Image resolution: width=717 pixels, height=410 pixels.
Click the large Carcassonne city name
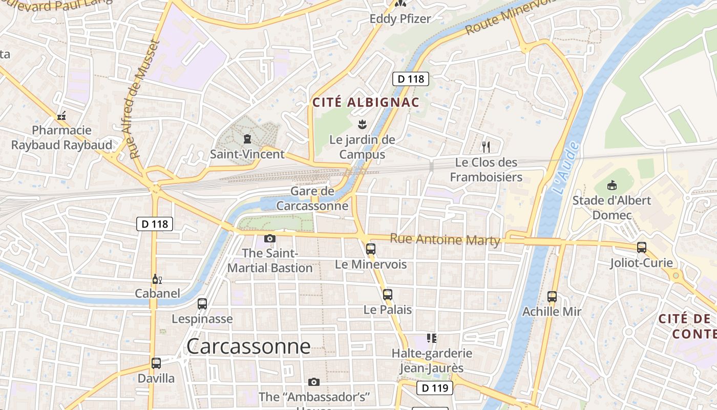click(248, 346)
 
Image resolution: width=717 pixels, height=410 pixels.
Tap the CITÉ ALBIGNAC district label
click(366, 102)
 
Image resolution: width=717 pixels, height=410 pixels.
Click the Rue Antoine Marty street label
click(445, 239)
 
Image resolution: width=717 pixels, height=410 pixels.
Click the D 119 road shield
click(435, 388)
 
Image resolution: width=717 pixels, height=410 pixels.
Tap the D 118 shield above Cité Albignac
click(411, 79)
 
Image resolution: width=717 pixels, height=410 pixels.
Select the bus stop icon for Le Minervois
click(371, 249)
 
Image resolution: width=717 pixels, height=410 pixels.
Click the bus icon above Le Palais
click(388, 294)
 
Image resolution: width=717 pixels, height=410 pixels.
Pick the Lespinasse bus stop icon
click(202, 303)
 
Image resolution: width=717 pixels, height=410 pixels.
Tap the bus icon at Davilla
click(156, 363)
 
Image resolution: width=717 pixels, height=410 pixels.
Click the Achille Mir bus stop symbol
click(552, 296)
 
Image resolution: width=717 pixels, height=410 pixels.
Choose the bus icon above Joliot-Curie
click(641, 248)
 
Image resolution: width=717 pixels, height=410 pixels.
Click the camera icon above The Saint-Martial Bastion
click(269, 238)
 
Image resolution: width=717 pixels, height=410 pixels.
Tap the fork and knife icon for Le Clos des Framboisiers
click(486, 147)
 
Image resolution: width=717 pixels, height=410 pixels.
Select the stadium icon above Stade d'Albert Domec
click(611, 185)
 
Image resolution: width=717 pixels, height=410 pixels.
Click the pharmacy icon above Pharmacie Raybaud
click(61, 116)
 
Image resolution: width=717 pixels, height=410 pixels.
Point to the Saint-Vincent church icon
click(247, 139)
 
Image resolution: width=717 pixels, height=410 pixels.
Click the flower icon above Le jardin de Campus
click(362, 124)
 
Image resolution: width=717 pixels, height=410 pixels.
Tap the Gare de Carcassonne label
click(312, 199)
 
